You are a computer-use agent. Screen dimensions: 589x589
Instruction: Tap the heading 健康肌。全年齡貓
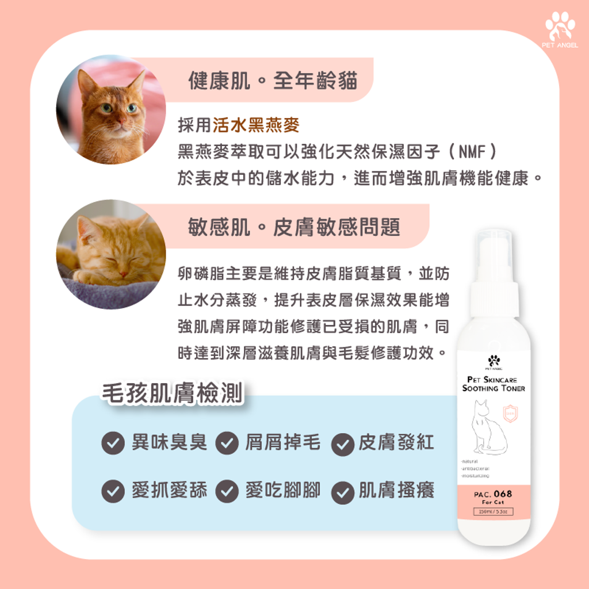(273, 81)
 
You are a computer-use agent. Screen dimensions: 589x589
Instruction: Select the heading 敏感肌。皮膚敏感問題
(294, 227)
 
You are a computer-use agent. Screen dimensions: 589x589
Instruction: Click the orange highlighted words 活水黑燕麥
(256, 124)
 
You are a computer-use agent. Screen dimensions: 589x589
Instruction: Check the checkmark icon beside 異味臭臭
(113, 443)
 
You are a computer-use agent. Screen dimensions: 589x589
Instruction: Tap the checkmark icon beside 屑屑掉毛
(227, 443)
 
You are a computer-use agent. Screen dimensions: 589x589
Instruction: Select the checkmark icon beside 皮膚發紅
(342, 443)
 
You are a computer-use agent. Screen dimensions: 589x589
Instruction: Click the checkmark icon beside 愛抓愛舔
(113, 491)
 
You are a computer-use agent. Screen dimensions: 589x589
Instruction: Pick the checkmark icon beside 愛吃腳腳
(227, 491)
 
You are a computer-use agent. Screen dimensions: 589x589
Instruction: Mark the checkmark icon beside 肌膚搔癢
(342, 492)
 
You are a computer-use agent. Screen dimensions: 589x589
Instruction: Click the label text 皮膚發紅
(397, 442)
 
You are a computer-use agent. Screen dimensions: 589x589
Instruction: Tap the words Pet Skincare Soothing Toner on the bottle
(494, 384)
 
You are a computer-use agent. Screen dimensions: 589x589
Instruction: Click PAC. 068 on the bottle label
(494, 494)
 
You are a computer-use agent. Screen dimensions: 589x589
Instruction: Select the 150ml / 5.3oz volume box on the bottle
(493, 511)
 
